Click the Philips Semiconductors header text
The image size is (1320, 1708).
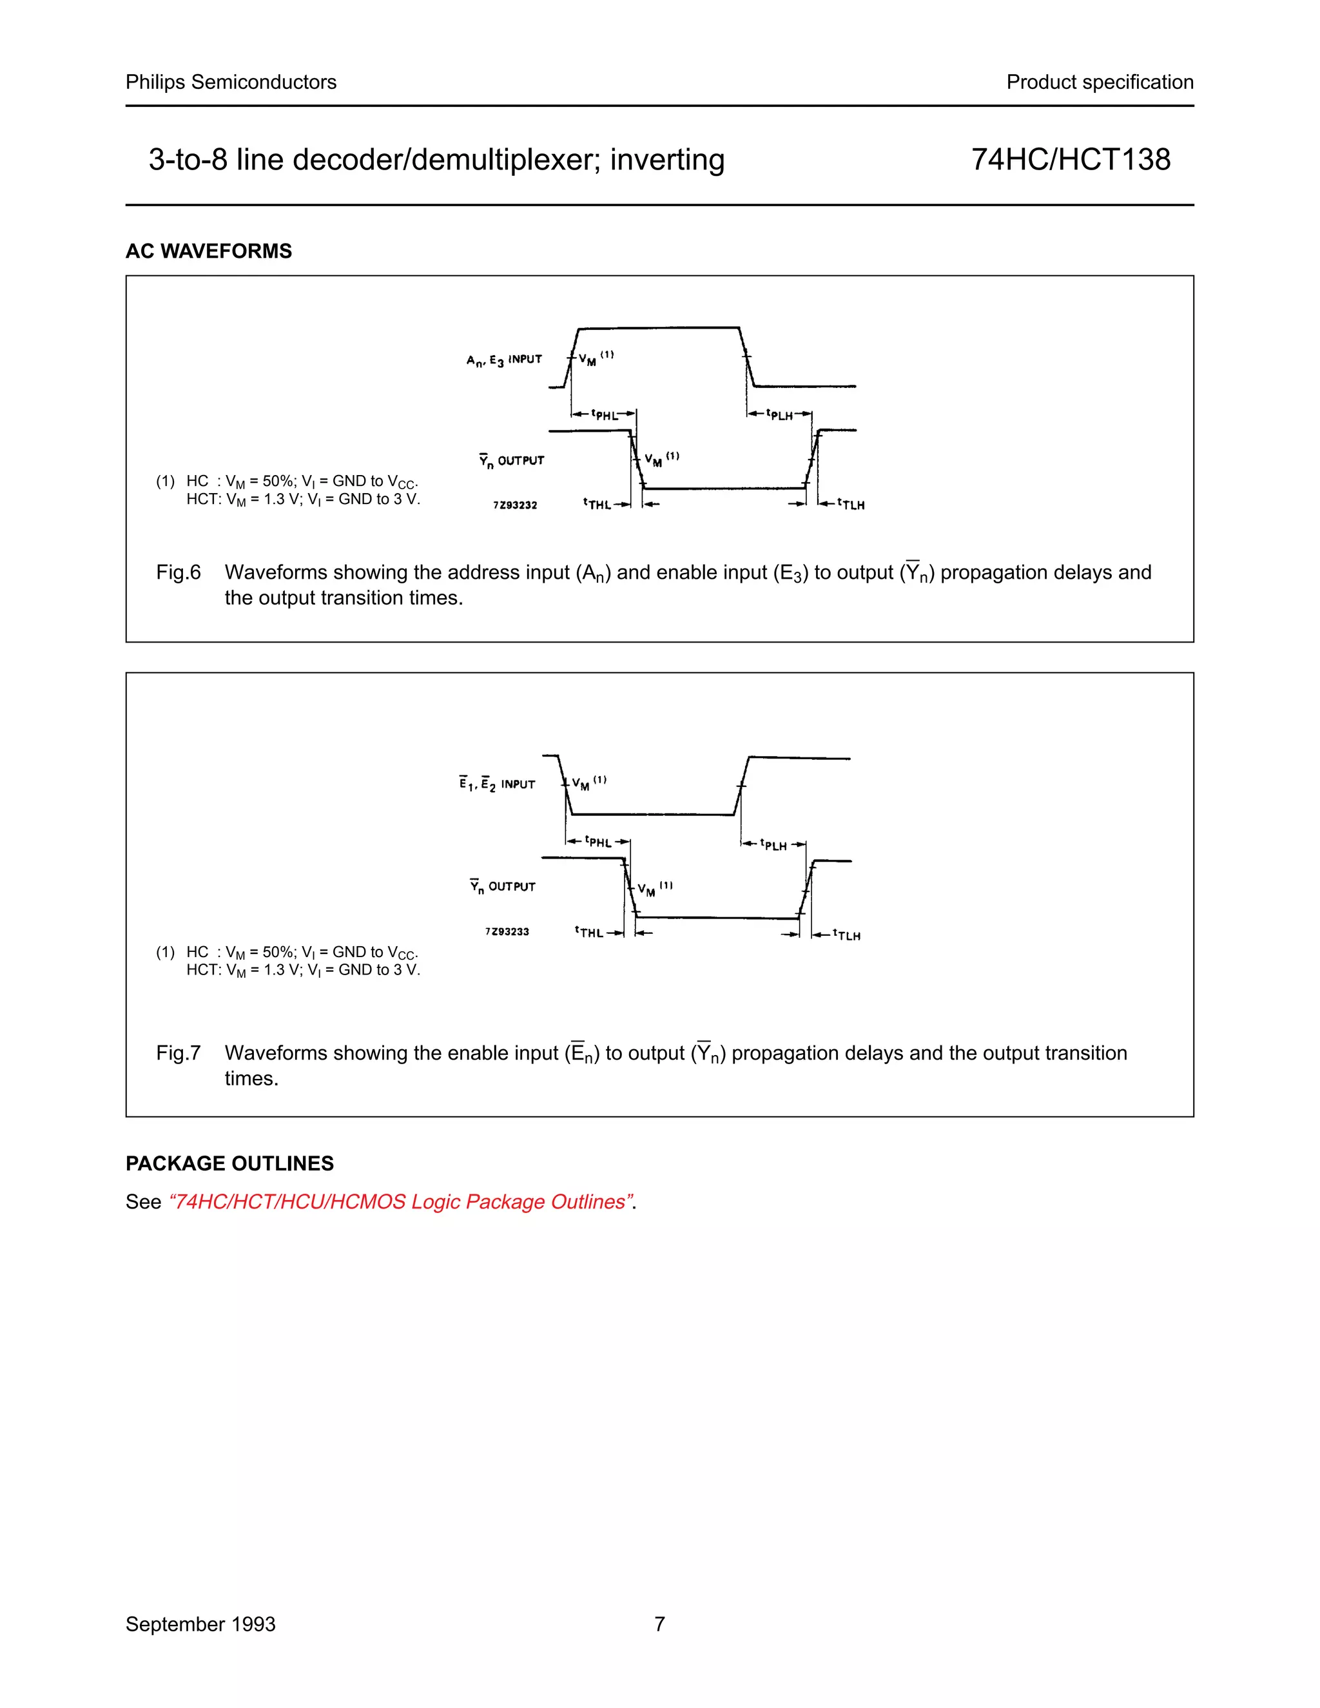click(231, 82)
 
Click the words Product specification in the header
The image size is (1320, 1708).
click(1099, 82)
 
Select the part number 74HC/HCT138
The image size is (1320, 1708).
click(1070, 160)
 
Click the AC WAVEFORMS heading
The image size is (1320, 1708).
click(209, 251)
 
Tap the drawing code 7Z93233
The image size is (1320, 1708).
click(507, 931)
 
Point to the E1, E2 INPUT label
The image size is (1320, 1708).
click(498, 784)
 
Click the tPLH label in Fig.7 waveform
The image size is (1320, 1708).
click(773, 844)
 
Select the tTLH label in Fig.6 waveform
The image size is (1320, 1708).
click(851, 505)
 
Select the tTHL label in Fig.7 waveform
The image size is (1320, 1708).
click(590, 932)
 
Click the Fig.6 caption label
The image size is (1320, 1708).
click(179, 572)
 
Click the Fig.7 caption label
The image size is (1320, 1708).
click(179, 1053)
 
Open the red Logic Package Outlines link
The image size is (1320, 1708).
click(400, 1202)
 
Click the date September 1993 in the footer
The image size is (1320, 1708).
click(200, 1624)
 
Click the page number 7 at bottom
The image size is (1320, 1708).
click(659, 1624)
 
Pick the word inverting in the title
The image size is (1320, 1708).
click(667, 160)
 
